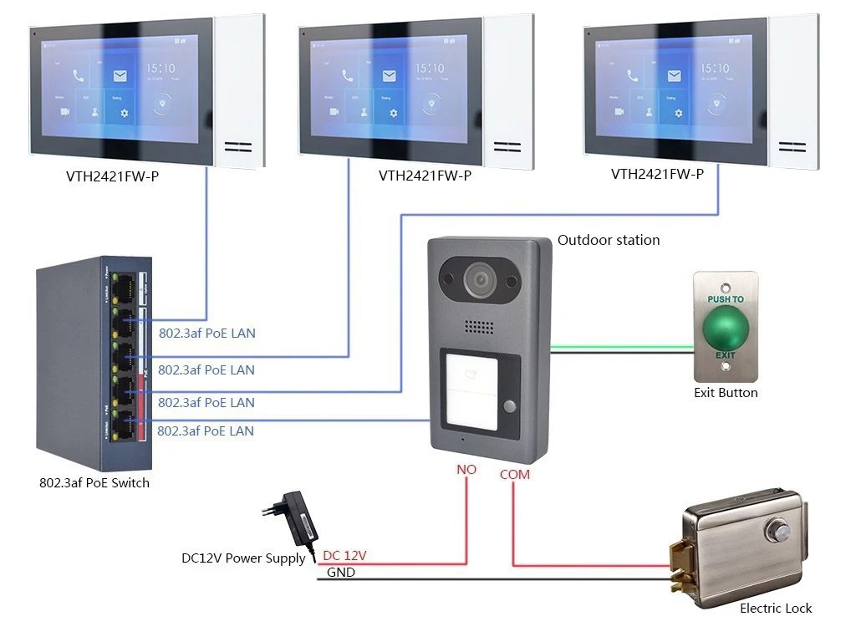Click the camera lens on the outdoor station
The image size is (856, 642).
tap(479, 279)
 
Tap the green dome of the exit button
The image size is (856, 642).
tap(725, 328)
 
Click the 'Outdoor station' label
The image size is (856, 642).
tap(609, 240)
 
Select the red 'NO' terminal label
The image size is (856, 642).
tap(466, 470)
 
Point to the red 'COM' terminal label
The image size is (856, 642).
tap(514, 474)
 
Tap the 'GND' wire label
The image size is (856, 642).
tap(340, 573)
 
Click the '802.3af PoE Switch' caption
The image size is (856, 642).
tap(94, 482)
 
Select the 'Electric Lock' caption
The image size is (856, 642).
tap(775, 609)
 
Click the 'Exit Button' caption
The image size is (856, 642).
tap(726, 392)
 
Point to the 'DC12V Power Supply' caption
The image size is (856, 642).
tap(243, 558)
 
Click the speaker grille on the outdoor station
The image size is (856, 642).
tap(479, 329)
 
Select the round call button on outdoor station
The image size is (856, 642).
tap(508, 407)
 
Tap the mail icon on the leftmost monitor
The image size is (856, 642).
tap(120, 76)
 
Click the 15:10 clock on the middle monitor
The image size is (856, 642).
tap(430, 69)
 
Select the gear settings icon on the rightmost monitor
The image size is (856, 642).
tap(676, 112)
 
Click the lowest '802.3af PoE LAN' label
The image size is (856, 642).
tap(206, 431)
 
